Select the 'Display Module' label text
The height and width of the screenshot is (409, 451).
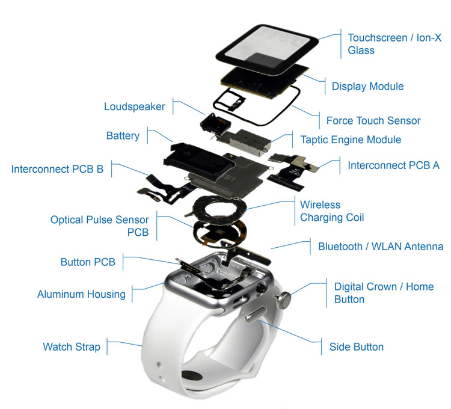[x=367, y=87]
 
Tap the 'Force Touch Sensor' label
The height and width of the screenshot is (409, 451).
[x=373, y=121]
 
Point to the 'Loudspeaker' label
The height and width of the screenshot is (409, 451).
[x=134, y=106]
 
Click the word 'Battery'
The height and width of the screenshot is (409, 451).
[x=123, y=136]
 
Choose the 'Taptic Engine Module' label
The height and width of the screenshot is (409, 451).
[x=351, y=140]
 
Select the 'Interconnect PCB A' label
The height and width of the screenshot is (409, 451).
[x=393, y=165]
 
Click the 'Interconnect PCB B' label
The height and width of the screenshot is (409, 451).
[x=57, y=169]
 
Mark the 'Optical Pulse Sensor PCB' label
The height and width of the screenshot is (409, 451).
[x=99, y=226]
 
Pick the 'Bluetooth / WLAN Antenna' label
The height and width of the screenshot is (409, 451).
[x=380, y=247]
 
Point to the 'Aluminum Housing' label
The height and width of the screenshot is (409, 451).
[x=81, y=294]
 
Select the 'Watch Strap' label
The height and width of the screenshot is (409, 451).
[x=72, y=347]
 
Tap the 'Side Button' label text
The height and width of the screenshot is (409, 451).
[x=356, y=346]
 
